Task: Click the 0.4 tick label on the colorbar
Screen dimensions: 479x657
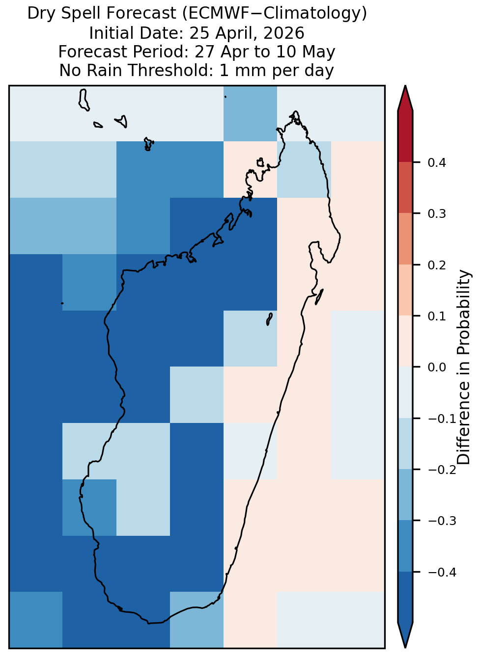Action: [436, 162]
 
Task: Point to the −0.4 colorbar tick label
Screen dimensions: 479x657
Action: [442, 572]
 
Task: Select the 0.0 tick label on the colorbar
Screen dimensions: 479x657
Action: [436, 367]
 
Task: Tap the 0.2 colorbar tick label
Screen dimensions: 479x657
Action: [436, 265]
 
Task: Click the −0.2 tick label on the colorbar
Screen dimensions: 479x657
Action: [442, 470]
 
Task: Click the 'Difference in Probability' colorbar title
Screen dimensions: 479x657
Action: [464, 367]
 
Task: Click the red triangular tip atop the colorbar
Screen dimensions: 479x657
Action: [405, 98]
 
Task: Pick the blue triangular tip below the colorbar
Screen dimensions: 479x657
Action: [405, 634]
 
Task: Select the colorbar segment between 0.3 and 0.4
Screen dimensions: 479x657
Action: [405, 187]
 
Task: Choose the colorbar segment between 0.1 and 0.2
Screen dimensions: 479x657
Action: [405, 290]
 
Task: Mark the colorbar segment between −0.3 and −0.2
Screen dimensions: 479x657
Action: [405, 495]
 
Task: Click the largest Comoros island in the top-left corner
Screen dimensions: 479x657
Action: [84, 100]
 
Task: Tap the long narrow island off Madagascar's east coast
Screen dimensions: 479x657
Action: [319, 297]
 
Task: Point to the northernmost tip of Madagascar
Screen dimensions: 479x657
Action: [295, 111]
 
